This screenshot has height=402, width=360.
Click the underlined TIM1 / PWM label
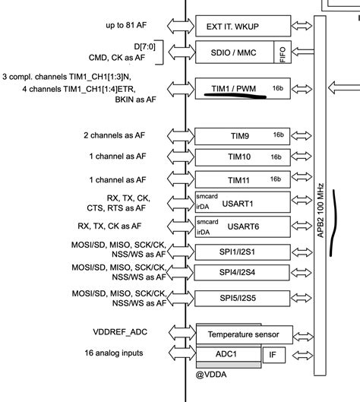click(x=235, y=88)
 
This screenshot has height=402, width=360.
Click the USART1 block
click(x=242, y=203)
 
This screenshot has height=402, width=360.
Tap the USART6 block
click(x=242, y=226)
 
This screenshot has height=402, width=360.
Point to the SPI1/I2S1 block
click(x=242, y=252)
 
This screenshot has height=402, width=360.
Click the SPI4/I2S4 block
click(x=242, y=272)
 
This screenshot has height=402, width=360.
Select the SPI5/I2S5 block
click(x=242, y=298)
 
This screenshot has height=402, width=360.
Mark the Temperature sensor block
click(x=242, y=334)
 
